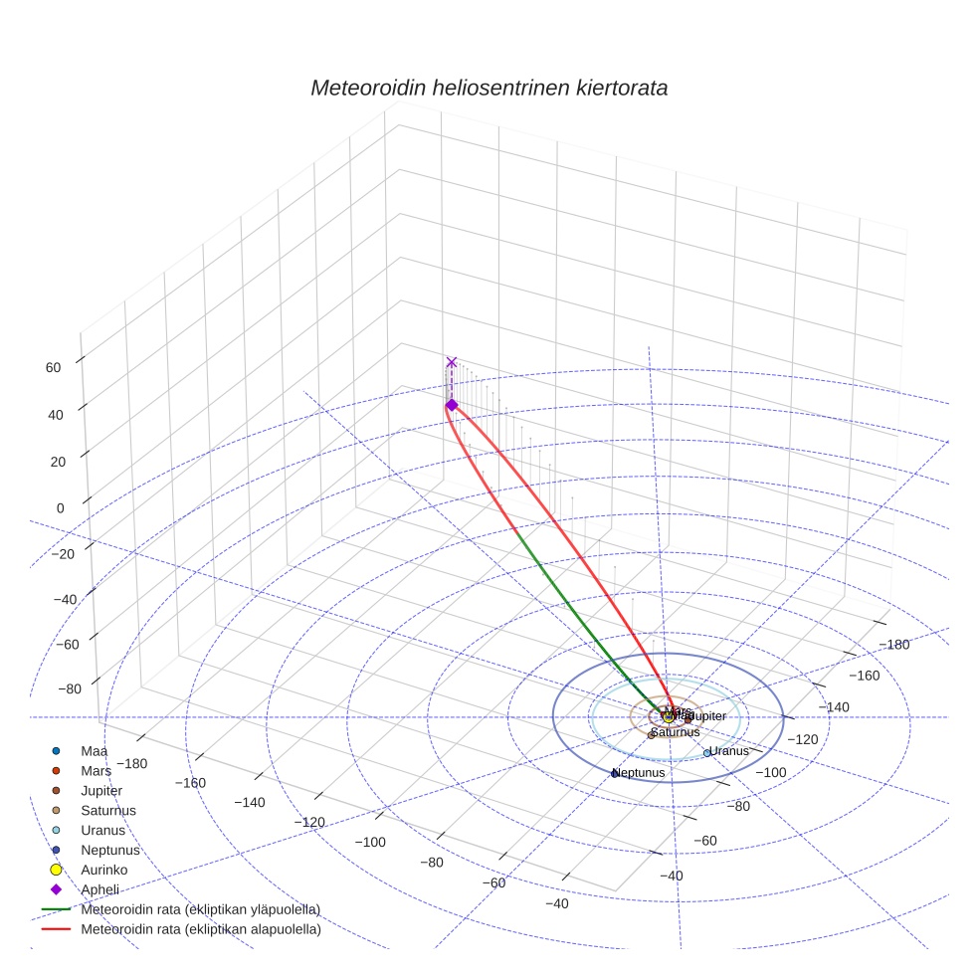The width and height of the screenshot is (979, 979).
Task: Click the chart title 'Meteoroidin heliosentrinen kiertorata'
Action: (489, 88)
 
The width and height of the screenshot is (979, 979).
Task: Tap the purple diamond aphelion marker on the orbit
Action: (452, 405)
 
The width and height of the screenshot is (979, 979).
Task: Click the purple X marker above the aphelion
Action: (452, 362)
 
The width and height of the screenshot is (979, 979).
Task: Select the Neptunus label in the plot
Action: (639, 772)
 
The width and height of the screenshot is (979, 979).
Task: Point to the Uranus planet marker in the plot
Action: (707, 753)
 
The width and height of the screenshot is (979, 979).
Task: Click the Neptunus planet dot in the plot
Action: (615, 773)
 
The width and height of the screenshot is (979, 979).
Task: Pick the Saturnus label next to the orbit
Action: (676, 732)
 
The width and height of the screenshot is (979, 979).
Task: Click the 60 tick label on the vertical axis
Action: (53, 367)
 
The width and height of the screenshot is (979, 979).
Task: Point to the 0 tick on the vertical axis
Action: (60, 507)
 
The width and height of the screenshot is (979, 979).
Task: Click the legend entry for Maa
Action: (95, 751)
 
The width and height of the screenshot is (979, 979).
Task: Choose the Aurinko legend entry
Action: (103, 870)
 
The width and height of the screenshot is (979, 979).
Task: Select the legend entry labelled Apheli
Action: (99, 889)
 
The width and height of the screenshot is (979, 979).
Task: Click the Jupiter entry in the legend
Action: (102, 791)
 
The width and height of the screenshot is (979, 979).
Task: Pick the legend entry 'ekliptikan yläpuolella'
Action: (200, 909)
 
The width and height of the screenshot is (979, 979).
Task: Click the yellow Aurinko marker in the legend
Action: (57, 870)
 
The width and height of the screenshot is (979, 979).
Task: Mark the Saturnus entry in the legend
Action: (108, 811)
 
